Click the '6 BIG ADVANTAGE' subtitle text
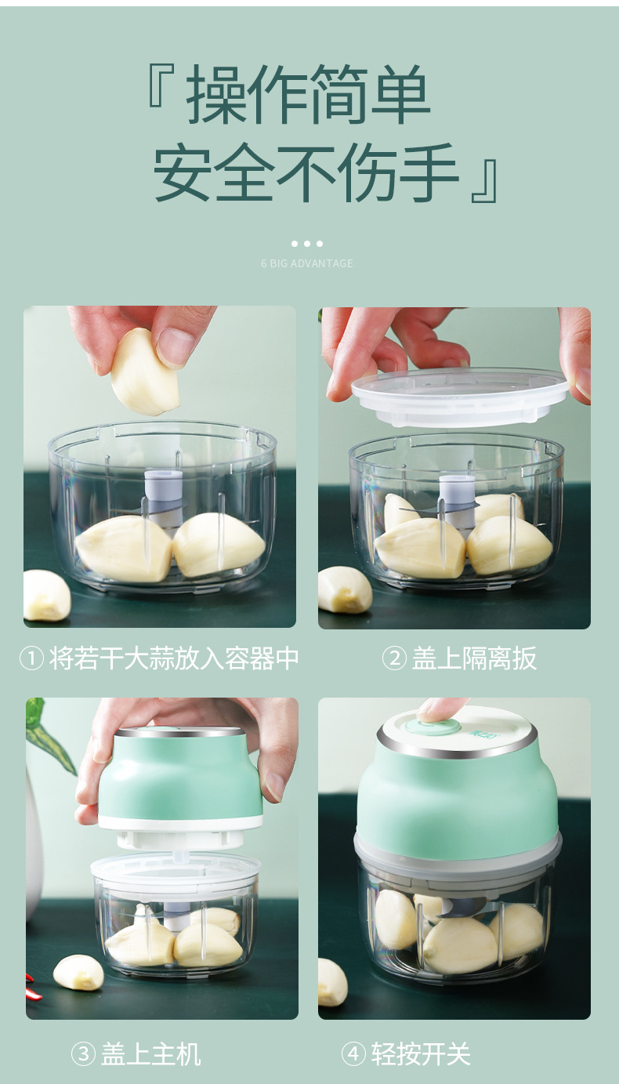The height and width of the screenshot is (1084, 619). point(307,263)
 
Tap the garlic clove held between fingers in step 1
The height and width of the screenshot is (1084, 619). point(144,372)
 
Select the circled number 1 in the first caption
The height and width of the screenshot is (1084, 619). point(32,658)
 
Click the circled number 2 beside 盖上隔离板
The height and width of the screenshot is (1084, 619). point(394,658)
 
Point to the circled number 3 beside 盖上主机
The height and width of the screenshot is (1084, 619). point(84,1053)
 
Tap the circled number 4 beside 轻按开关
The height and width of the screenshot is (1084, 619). point(353,1053)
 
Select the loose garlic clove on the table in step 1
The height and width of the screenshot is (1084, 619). point(47,595)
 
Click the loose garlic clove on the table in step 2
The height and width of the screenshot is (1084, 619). point(344,589)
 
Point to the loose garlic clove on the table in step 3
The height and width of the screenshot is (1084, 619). point(78,972)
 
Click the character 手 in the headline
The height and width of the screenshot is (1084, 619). point(428,172)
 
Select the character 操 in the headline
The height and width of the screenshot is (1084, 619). point(216,94)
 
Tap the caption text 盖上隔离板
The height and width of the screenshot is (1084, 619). point(474,658)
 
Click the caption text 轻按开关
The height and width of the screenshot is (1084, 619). point(421,1053)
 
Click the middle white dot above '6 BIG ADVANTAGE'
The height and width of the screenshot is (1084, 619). point(307,244)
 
